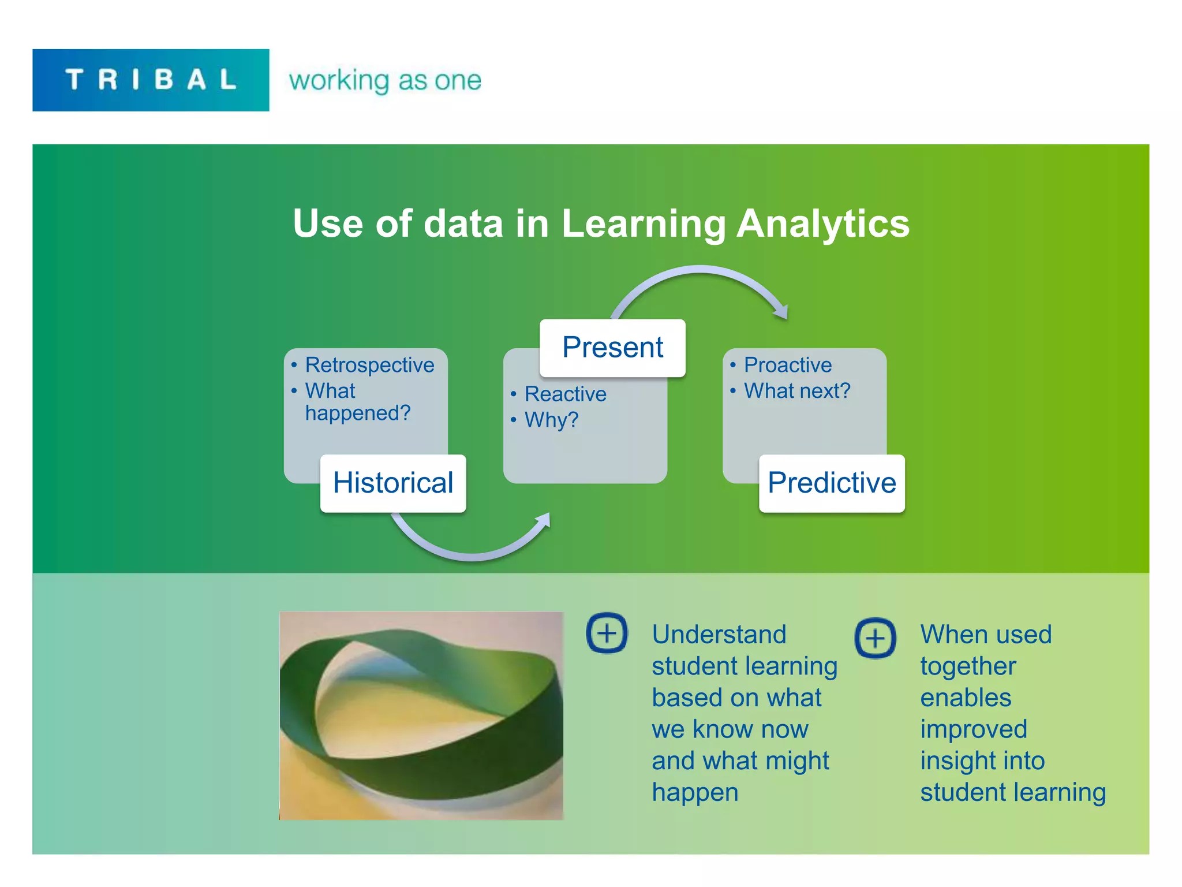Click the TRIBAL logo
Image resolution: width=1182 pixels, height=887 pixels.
pos(151,80)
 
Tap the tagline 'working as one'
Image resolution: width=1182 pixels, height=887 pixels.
pos(385,80)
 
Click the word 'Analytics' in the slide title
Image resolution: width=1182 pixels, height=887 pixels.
pos(823,223)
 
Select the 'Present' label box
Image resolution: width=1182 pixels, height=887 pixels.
pos(612,348)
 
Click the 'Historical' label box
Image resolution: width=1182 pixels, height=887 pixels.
pos(393,483)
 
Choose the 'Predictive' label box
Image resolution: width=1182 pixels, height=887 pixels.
pos(832,483)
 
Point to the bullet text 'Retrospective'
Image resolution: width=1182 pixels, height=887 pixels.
pos(369,365)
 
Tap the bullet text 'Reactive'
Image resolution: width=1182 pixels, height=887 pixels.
pos(565,394)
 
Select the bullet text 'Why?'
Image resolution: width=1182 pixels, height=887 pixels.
pos(551,420)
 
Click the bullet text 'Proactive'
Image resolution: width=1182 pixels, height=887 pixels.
pos(788,365)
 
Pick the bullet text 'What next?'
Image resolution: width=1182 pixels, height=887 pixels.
pos(797,391)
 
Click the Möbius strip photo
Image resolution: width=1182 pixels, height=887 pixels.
pos(421,715)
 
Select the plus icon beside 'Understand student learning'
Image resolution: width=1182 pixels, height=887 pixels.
pos(607,633)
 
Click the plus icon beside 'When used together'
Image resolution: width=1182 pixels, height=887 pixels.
pos(875,638)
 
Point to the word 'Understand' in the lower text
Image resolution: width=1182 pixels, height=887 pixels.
pos(719,635)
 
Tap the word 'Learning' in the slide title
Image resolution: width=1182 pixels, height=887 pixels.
pos(644,223)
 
